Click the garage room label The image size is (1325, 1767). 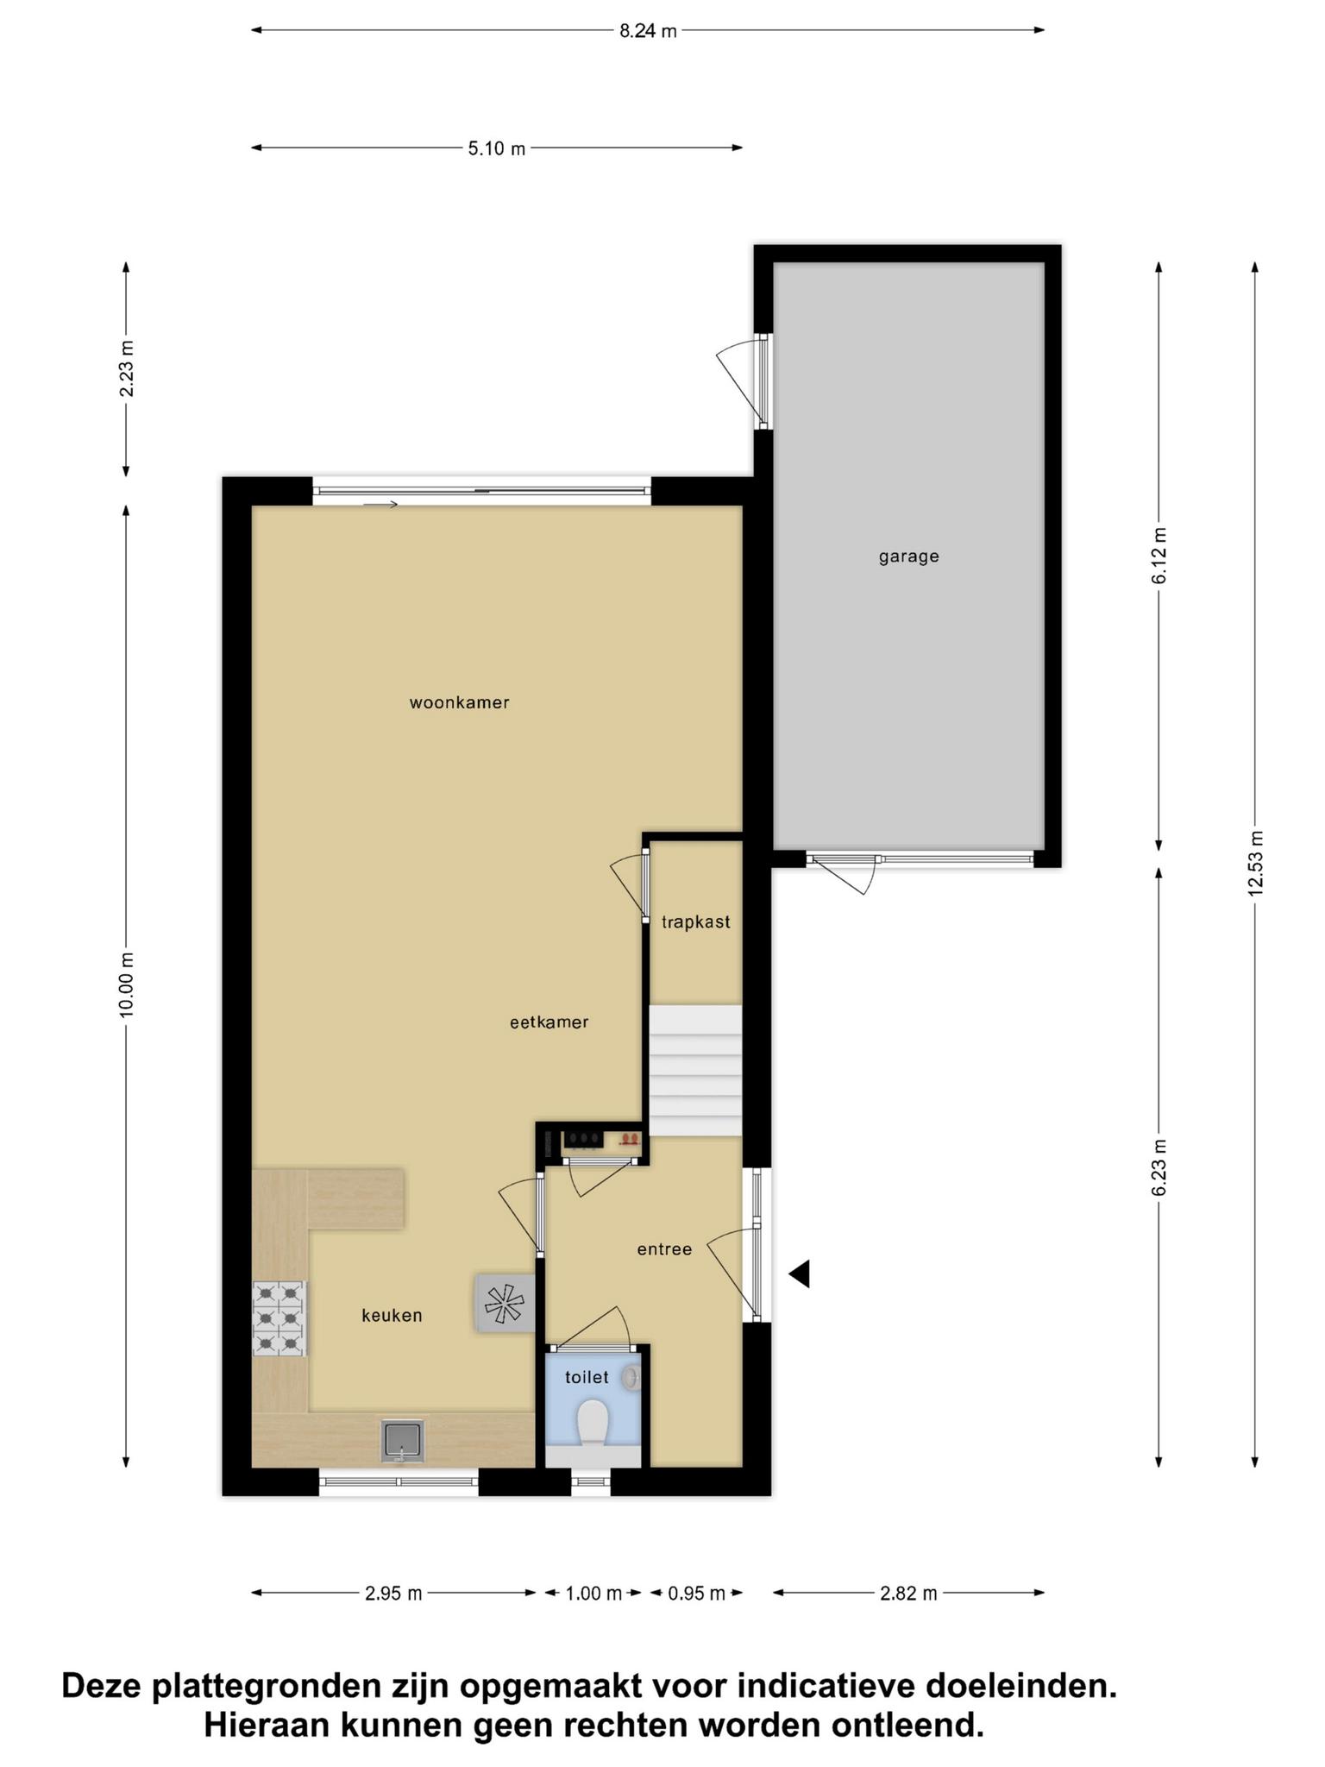pyautogui.click(x=908, y=557)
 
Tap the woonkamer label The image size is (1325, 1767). pyautogui.click(x=459, y=703)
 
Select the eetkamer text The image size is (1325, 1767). pyautogui.click(x=549, y=1022)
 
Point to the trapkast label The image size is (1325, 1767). pyautogui.click(x=695, y=922)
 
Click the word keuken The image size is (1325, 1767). pyautogui.click(x=392, y=1316)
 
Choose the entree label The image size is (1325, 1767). pyautogui.click(x=664, y=1249)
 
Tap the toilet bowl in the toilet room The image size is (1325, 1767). pyautogui.click(x=592, y=1423)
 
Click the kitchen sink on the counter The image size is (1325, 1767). pyautogui.click(x=403, y=1442)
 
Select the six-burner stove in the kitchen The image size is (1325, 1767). pyautogui.click(x=279, y=1318)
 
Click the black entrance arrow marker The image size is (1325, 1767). pyautogui.click(x=800, y=1273)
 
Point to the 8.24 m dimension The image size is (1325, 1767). pyautogui.click(x=648, y=31)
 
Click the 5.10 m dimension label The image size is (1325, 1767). pyautogui.click(x=496, y=148)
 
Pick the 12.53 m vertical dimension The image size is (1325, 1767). pyautogui.click(x=1255, y=863)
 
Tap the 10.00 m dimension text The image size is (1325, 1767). pyautogui.click(x=127, y=985)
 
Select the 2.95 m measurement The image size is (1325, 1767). pyautogui.click(x=393, y=1594)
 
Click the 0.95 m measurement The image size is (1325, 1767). pyautogui.click(x=696, y=1594)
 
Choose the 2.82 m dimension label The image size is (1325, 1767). pyautogui.click(x=908, y=1594)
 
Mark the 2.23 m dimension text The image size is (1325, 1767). pyautogui.click(x=127, y=369)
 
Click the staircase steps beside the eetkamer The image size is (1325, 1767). pyautogui.click(x=695, y=1071)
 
